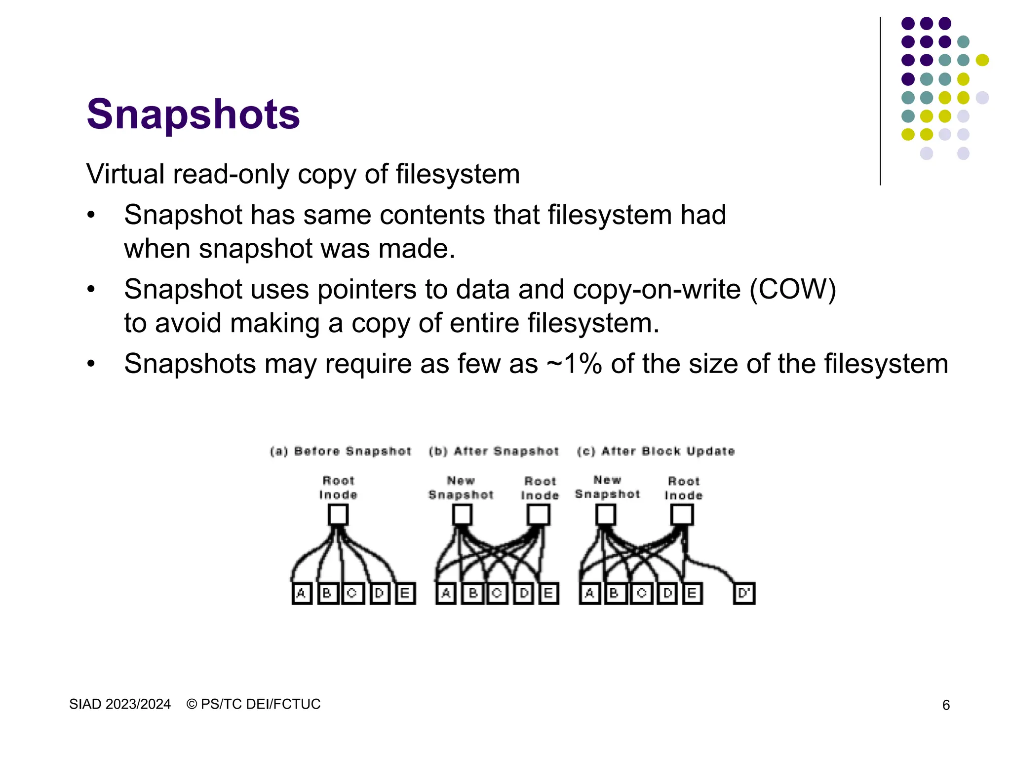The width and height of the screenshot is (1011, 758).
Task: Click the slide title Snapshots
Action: [x=193, y=114]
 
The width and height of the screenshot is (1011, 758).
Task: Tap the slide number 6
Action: [x=946, y=705]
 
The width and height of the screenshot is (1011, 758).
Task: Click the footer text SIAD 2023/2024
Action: [x=120, y=704]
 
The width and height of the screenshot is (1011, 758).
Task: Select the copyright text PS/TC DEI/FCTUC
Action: [x=260, y=704]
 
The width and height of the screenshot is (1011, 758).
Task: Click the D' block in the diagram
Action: [x=744, y=593]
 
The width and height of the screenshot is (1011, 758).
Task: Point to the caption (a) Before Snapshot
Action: [x=341, y=451]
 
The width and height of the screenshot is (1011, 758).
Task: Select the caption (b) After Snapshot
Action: [x=494, y=451]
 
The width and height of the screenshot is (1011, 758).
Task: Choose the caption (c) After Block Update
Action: [x=656, y=451]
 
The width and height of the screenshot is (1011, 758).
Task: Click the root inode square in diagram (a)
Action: [x=338, y=516]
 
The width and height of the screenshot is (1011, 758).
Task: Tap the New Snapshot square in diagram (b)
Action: [x=462, y=516]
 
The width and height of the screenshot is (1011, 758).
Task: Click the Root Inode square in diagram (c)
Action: [x=682, y=516]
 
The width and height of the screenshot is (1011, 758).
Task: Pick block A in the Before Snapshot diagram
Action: [x=302, y=593]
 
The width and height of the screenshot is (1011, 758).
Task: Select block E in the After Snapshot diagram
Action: [x=548, y=593]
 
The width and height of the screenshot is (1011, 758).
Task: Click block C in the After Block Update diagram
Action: [x=641, y=593]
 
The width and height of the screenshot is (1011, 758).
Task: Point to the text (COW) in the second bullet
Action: [x=793, y=290]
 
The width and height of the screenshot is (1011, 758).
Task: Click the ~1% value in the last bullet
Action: [x=575, y=364]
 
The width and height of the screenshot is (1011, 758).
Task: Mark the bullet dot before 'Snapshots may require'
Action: [x=90, y=364]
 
